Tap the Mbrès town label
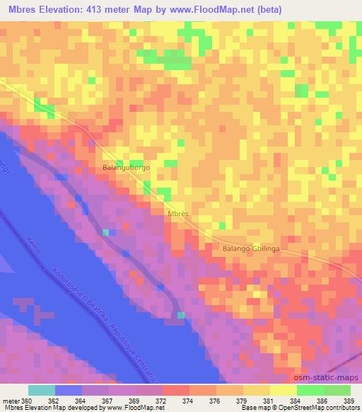tap(178, 212)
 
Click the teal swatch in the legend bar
tap(42, 390)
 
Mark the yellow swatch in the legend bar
tap(284, 390)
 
